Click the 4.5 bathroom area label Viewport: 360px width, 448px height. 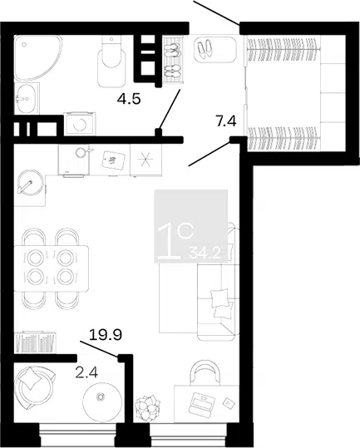click(x=129, y=99)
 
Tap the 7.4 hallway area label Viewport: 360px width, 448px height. click(x=225, y=121)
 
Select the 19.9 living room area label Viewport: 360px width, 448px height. click(x=106, y=335)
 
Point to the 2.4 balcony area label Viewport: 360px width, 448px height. click(x=86, y=372)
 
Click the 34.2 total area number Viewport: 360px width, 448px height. click(x=205, y=253)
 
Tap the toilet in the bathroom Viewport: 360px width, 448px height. click(x=111, y=62)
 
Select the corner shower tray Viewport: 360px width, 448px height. click(x=37, y=58)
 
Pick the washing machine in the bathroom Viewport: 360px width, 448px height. click(x=80, y=124)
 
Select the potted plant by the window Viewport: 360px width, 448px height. click(x=148, y=406)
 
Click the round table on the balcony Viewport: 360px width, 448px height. click(x=102, y=400)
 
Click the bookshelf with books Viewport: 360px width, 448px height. click(x=35, y=342)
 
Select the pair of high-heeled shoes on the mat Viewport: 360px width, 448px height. click(x=205, y=49)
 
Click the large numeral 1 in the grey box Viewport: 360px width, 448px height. click(x=168, y=242)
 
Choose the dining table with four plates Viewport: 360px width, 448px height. click(x=51, y=268)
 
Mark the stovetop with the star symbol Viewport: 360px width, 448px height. click(x=145, y=160)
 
